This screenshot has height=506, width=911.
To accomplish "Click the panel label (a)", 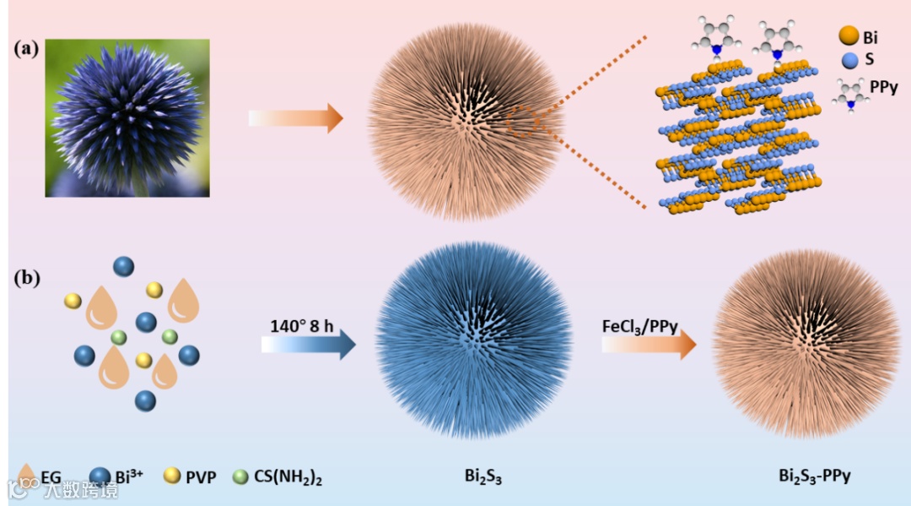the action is click(x=26, y=48).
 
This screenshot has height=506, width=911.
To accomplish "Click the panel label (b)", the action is click(x=26, y=276).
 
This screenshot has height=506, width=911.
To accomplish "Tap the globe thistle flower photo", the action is click(x=127, y=117).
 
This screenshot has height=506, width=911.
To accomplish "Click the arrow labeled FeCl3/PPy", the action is click(x=649, y=345).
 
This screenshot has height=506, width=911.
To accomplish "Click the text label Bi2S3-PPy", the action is click(x=814, y=476).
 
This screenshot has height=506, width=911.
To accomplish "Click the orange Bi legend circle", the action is click(x=849, y=35).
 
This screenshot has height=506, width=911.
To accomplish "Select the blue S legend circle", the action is click(x=849, y=61).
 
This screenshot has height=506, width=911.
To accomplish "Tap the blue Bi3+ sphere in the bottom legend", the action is click(x=100, y=476).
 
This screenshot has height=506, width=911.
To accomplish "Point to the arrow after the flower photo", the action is click(x=296, y=117).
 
